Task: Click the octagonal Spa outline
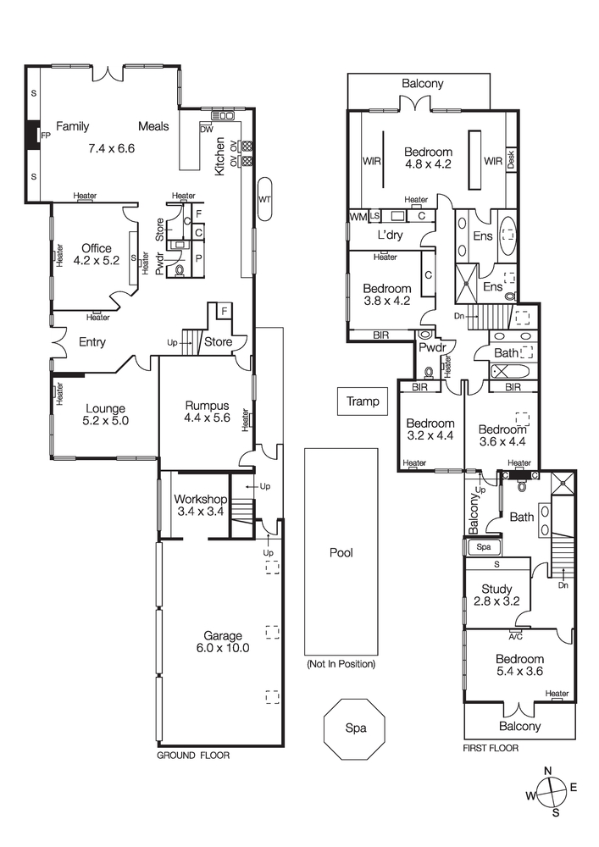click(x=353, y=728)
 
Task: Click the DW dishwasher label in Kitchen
click(x=206, y=130)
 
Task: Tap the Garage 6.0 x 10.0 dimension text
click(x=221, y=649)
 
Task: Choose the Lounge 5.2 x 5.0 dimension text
click(x=105, y=420)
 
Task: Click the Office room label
click(x=96, y=248)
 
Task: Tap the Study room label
click(x=497, y=590)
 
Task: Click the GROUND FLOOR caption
click(x=193, y=754)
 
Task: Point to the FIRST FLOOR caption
click(x=491, y=749)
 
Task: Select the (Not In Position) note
click(x=341, y=664)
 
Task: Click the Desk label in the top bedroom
click(x=512, y=159)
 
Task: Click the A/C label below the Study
click(x=514, y=634)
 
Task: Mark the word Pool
click(x=341, y=553)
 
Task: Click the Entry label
click(x=92, y=342)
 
